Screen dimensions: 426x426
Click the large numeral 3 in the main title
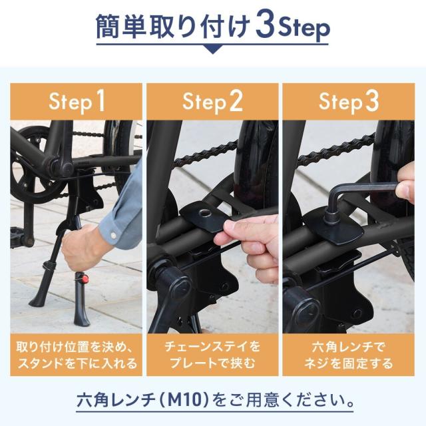point(265,26)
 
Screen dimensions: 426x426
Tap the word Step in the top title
point(304,29)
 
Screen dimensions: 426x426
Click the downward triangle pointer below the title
point(213,49)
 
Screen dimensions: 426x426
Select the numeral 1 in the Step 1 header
point(100,101)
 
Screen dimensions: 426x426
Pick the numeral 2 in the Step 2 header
point(236,101)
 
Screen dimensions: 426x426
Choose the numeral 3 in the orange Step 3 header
point(372,101)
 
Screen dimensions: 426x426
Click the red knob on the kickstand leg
point(85,278)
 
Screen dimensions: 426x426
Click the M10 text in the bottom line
point(187,400)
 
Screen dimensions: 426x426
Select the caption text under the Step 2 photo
point(212,355)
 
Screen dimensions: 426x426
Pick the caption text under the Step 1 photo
point(77,355)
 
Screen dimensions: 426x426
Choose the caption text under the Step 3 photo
point(349,355)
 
